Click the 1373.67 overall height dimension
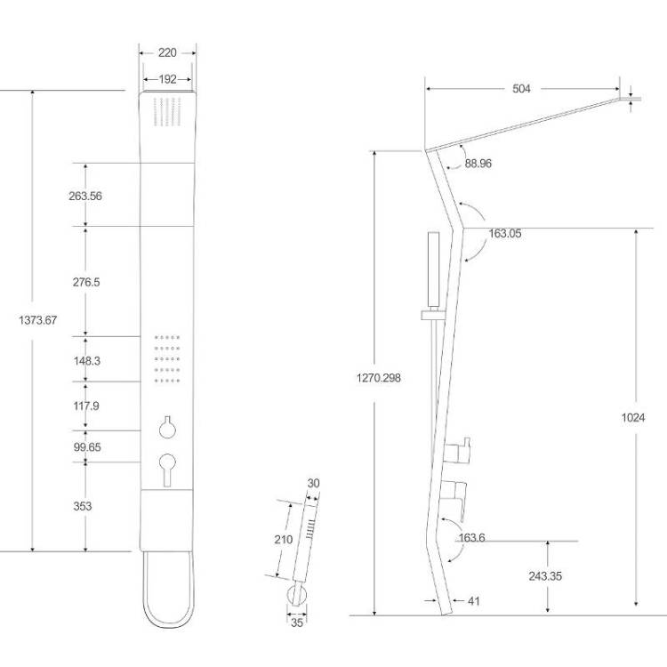pyautogui.click(x=38, y=320)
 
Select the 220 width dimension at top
pyautogui.click(x=167, y=52)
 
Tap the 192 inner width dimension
pyautogui.click(x=167, y=79)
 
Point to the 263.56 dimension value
pyautogui.click(x=85, y=197)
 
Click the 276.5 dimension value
pyautogui.click(x=86, y=282)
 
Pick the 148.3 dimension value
pyautogui.click(x=87, y=361)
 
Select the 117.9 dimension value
pyautogui.click(x=86, y=406)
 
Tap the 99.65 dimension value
pyautogui.click(x=87, y=447)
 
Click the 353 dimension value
pyautogui.click(x=83, y=506)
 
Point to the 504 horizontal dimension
pyautogui.click(x=521, y=88)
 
